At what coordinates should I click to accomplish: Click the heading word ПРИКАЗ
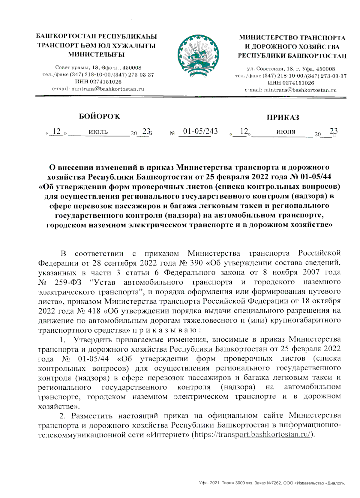coord(283,118)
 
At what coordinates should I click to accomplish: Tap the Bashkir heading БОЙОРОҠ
coord(99,116)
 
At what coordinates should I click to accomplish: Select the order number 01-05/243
coord(200,131)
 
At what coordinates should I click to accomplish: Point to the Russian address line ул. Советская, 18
coord(291,69)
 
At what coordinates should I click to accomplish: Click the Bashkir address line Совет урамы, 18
coord(98,68)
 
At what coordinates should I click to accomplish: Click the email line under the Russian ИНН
coord(291,90)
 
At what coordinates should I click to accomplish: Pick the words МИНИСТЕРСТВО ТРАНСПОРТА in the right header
coord(292,38)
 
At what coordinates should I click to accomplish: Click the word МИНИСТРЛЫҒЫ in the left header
coord(96,55)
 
